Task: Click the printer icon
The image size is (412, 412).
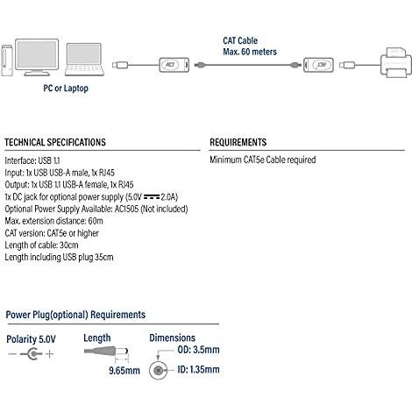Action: pos(396,62)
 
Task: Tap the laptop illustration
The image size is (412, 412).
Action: pos(84,60)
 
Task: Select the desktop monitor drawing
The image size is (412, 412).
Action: pos(37,57)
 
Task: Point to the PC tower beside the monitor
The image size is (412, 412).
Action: pos(7,60)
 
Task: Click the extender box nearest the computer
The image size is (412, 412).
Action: pos(174,65)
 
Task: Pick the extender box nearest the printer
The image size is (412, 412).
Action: pos(318,65)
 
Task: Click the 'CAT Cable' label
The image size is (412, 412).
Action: pos(240,40)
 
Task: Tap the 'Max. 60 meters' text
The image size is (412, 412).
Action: pos(250,52)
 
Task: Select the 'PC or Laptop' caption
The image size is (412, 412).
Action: pos(66,88)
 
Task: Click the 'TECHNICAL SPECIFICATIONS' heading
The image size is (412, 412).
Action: pos(55,142)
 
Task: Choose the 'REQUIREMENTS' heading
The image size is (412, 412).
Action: pos(238,142)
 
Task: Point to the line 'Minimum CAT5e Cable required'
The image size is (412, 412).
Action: pos(263,160)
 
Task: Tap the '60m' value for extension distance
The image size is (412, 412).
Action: pos(96,221)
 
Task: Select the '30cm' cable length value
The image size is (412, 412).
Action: pos(69,245)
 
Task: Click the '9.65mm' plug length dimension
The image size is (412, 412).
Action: pos(124,371)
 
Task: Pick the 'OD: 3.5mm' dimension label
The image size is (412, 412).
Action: pos(198,350)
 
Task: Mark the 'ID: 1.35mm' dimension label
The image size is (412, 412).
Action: pos(198,369)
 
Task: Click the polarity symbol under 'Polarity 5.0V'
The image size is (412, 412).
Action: pos(32,354)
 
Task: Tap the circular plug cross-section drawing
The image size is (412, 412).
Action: pos(159,371)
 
